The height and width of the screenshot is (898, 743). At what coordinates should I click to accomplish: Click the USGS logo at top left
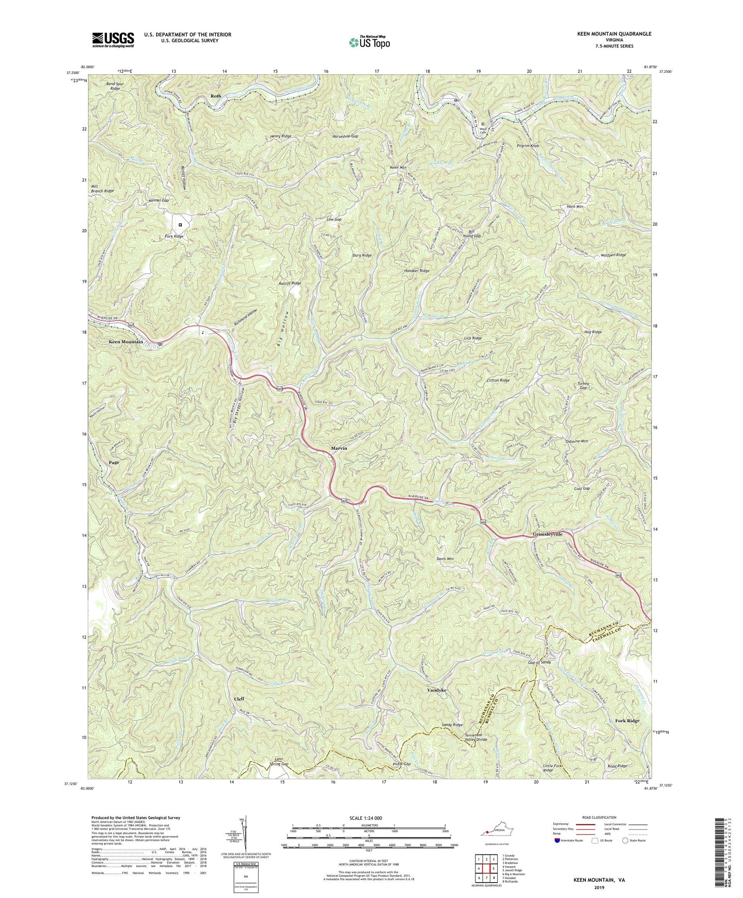pyautogui.click(x=113, y=40)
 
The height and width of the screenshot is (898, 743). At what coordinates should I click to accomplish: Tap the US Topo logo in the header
pyautogui.click(x=369, y=42)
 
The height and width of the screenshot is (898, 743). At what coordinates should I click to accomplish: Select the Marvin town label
pyautogui.click(x=339, y=448)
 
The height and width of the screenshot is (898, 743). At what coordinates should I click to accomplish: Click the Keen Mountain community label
pyautogui.click(x=126, y=342)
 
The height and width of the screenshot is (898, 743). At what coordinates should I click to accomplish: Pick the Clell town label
pyautogui.click(x=239, y=699)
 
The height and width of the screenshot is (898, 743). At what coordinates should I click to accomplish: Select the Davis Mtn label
pyautogui.click(x=444, y=559)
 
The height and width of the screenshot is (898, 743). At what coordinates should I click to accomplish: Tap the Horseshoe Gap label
pyautogui.click(x=345, y=136)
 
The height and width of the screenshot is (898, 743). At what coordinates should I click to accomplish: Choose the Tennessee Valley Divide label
pyautogui.click(x=476, y=737)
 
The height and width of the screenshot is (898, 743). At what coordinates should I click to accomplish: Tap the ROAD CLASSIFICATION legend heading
pyautogui.click(x=599, y=817)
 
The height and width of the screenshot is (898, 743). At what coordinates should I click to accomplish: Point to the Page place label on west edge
pyautogui.click(x=114, y=462)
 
